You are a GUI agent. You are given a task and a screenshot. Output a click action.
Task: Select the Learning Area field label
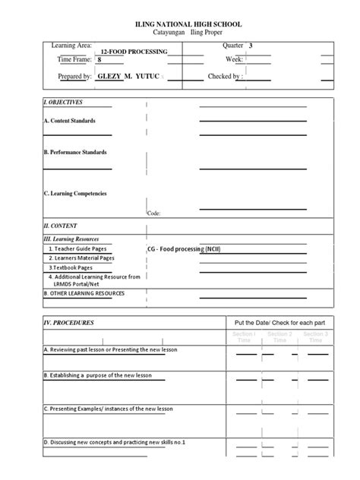point(71,46)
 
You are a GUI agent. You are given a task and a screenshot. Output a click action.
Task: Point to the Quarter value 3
point(251,46)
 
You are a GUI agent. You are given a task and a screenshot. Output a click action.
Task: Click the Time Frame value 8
point(99,58)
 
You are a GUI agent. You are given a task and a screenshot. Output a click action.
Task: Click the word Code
point(154,213)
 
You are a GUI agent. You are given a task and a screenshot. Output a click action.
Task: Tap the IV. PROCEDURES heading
point(69,323)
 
